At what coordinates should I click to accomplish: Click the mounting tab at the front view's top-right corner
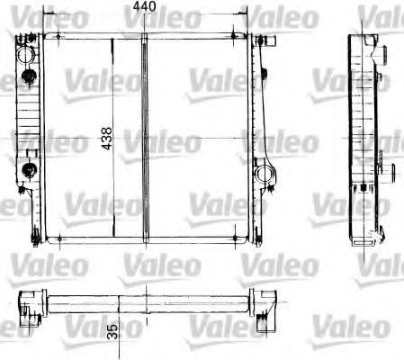[x=265, y=40]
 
